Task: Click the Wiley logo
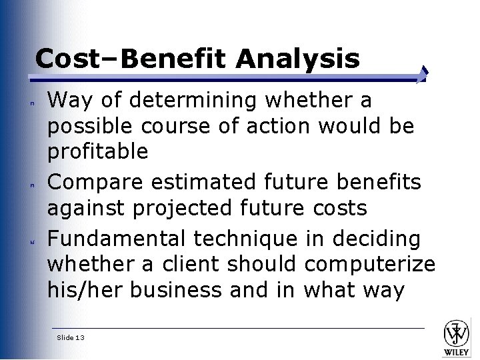(x=457, y=337)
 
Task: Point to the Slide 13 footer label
(x=71, y=338)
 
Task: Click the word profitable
(x=97, y=152)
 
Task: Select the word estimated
(x=195, y=181)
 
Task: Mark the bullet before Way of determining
(x=31, y=104)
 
